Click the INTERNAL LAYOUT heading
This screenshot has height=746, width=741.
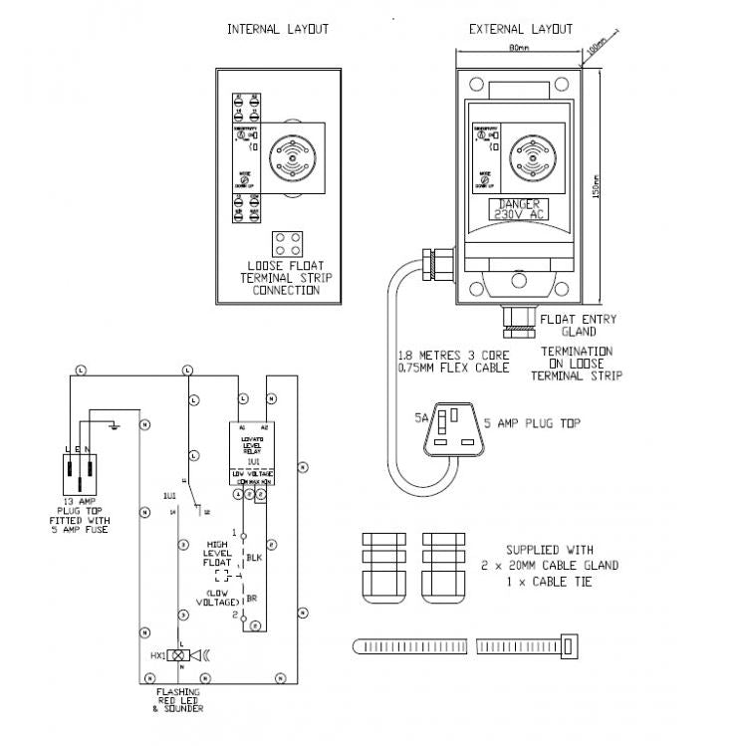pos(278,30)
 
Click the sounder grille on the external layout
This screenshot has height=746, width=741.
pos(531,157)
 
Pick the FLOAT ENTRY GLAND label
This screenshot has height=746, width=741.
pos(578,326)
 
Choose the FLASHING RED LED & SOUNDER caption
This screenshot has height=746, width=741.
pos(179,699)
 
